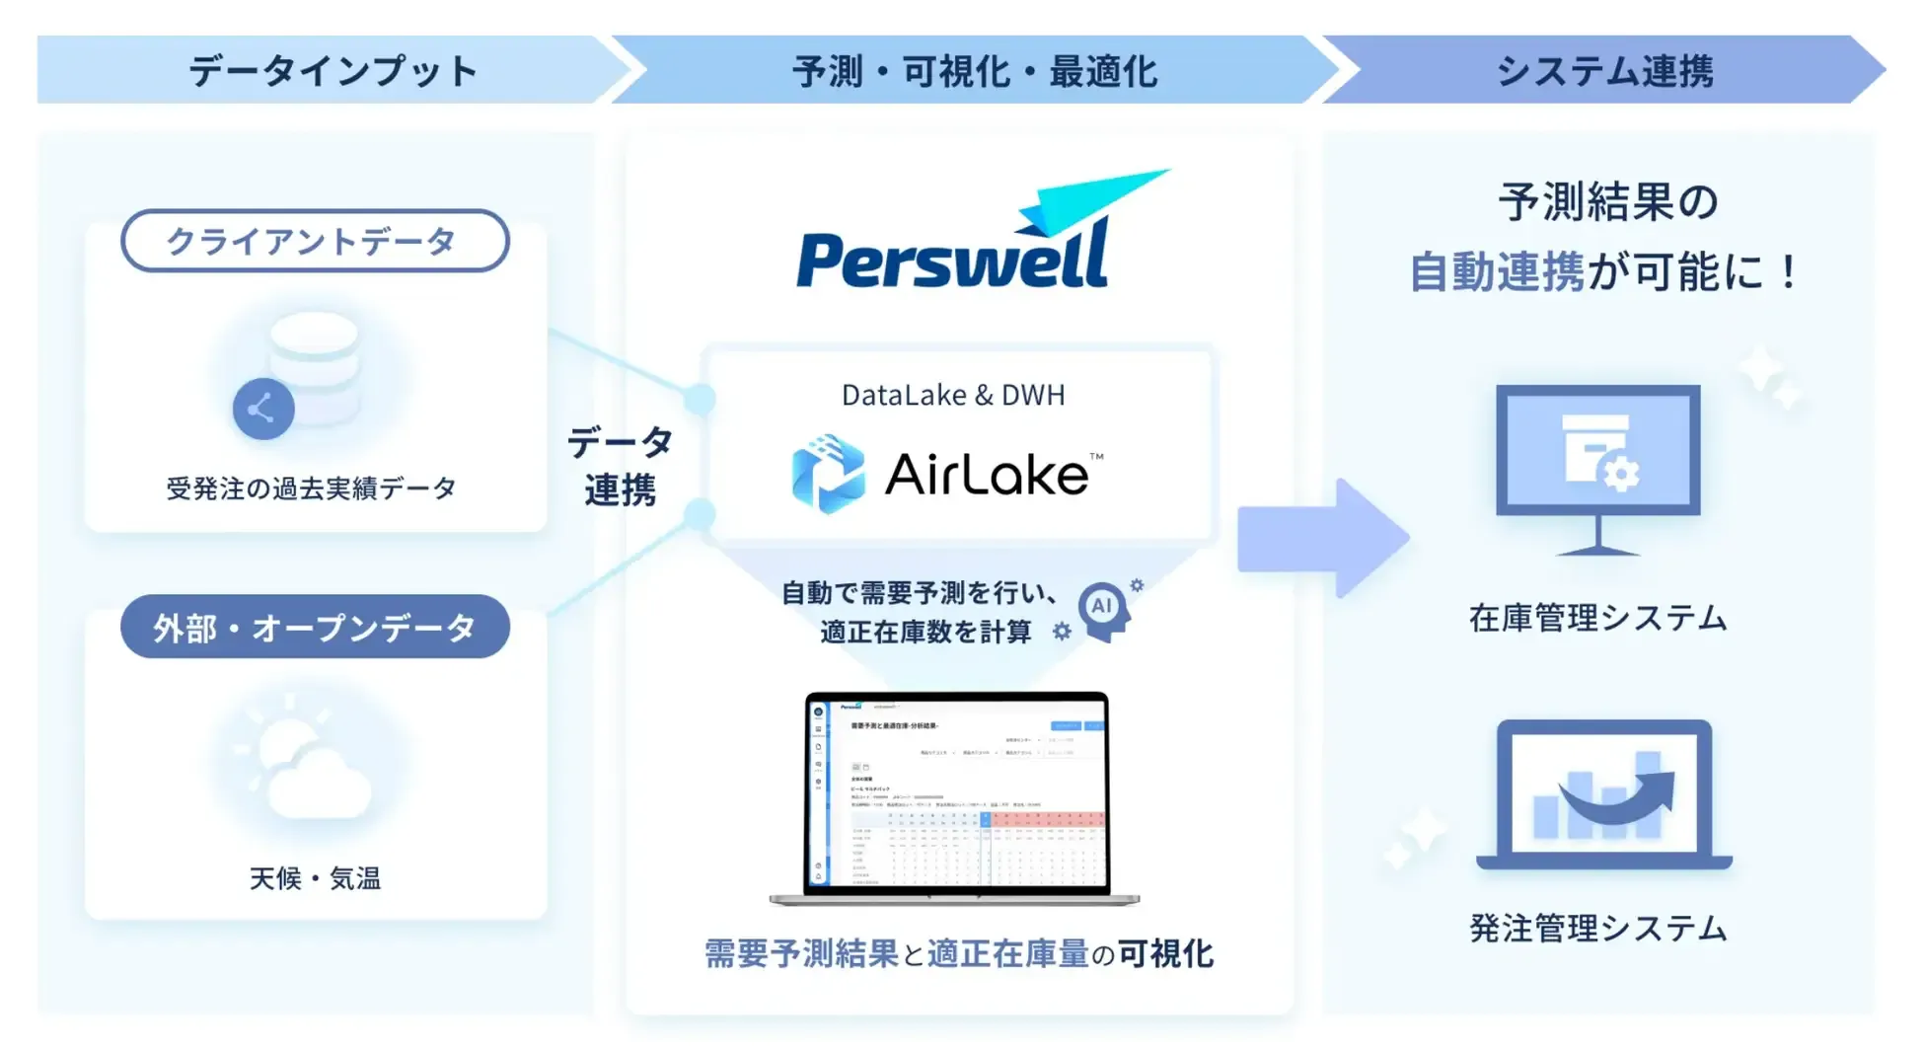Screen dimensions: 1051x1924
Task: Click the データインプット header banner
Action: tap(333, 71)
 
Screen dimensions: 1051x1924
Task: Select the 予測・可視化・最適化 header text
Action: tap(974, 71)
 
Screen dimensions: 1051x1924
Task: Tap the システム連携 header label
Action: tap(1604, 71)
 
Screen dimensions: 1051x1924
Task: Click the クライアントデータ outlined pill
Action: tap(314, 241)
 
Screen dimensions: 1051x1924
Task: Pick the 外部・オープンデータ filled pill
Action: tap(314, 627)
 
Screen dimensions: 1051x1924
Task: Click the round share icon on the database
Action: tap(262, 409)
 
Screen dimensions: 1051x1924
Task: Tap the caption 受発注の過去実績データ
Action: tap(311, 488)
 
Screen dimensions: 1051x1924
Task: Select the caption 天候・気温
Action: tap(314, 877)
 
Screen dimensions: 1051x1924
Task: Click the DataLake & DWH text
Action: tap(953, 395)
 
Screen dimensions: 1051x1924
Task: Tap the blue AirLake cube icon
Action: tap(829, 474)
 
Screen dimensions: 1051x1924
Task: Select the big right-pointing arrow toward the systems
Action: tap(1322, 538)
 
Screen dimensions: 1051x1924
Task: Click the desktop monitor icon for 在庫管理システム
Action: tap(1597, 464)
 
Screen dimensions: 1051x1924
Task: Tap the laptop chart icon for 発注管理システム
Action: tap(1603, 794)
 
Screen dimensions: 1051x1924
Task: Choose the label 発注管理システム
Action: tap(1597, 928)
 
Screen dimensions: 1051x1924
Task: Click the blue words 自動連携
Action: tap(1496, 271)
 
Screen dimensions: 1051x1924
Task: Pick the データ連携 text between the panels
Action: tap(620, 466)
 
